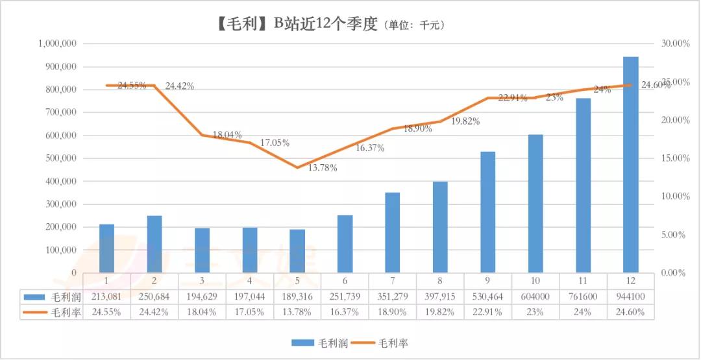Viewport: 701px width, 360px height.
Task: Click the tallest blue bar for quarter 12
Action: (x=630, y=165)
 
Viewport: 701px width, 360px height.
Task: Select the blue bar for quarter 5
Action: (x=297, y=251)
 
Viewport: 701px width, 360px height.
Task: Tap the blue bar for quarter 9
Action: (x=487, y=212)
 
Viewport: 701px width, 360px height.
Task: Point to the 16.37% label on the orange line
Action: (x=369, y=149)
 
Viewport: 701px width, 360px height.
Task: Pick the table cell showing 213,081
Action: (x=106, y=297)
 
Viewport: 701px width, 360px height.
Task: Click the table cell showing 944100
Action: (x=630, y=297)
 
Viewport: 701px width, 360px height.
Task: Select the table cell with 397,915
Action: (x=440, y=297)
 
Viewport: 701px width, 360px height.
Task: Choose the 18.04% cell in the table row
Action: (x=202, y=311)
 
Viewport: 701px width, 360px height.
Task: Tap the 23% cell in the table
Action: (x=535, y=311)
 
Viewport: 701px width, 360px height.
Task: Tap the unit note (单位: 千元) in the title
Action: (x=415, y=26)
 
